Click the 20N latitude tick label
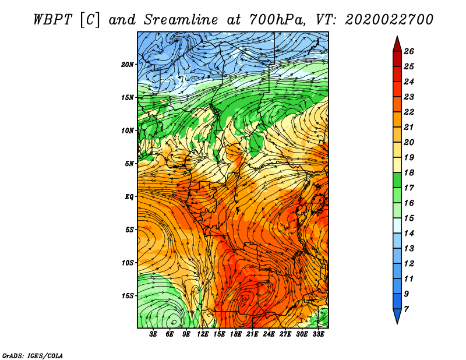pos(128,64)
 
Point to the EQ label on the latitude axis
pos(129,196)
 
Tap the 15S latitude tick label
pos(128,295)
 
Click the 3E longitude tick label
pos(154,334)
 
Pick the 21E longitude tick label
pos(252,334)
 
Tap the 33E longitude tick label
pos(318,334)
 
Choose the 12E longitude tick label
pos(203,334)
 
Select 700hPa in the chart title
pos(279,19)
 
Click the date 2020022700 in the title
pos(389,19)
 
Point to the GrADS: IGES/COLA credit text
pos(32,355)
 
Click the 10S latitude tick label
pos(128,263)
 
